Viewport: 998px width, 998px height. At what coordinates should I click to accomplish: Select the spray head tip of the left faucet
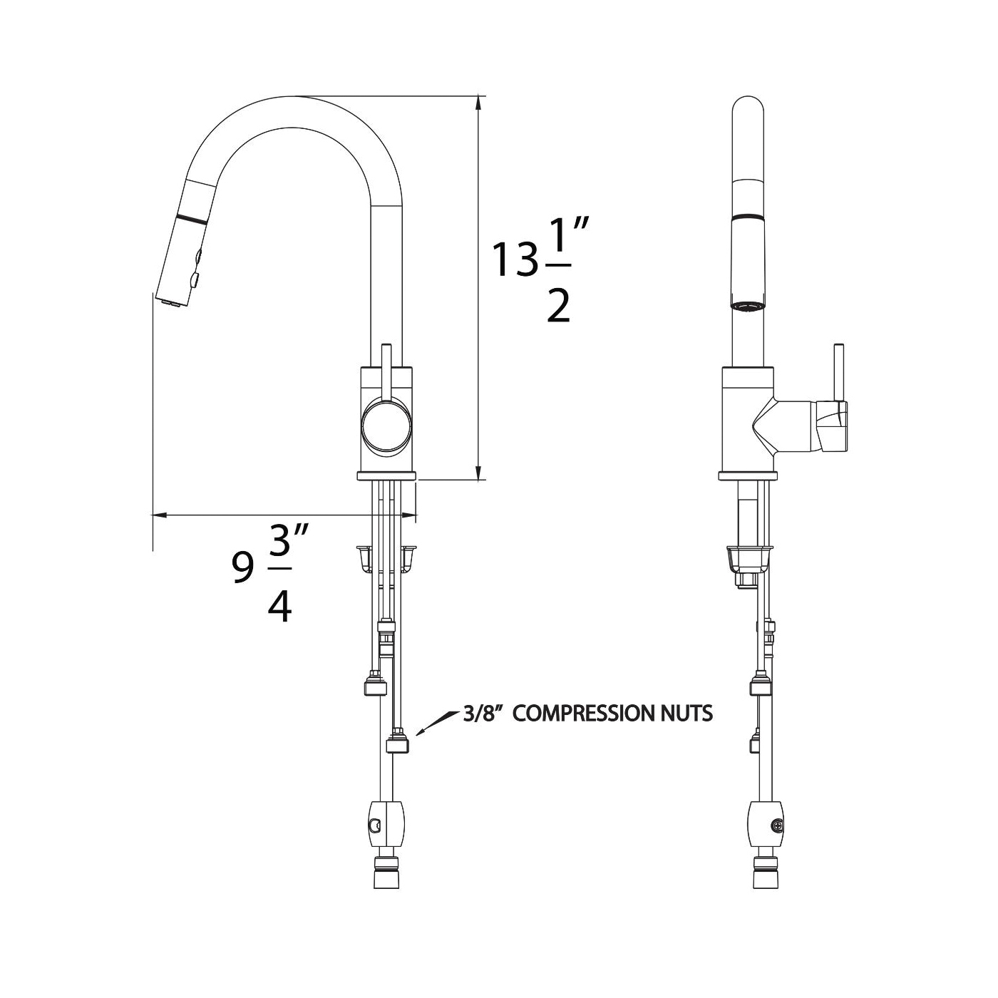[173, 299]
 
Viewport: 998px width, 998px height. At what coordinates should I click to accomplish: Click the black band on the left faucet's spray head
[192, 217]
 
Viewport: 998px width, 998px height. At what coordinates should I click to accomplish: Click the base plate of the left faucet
[386, 476]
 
